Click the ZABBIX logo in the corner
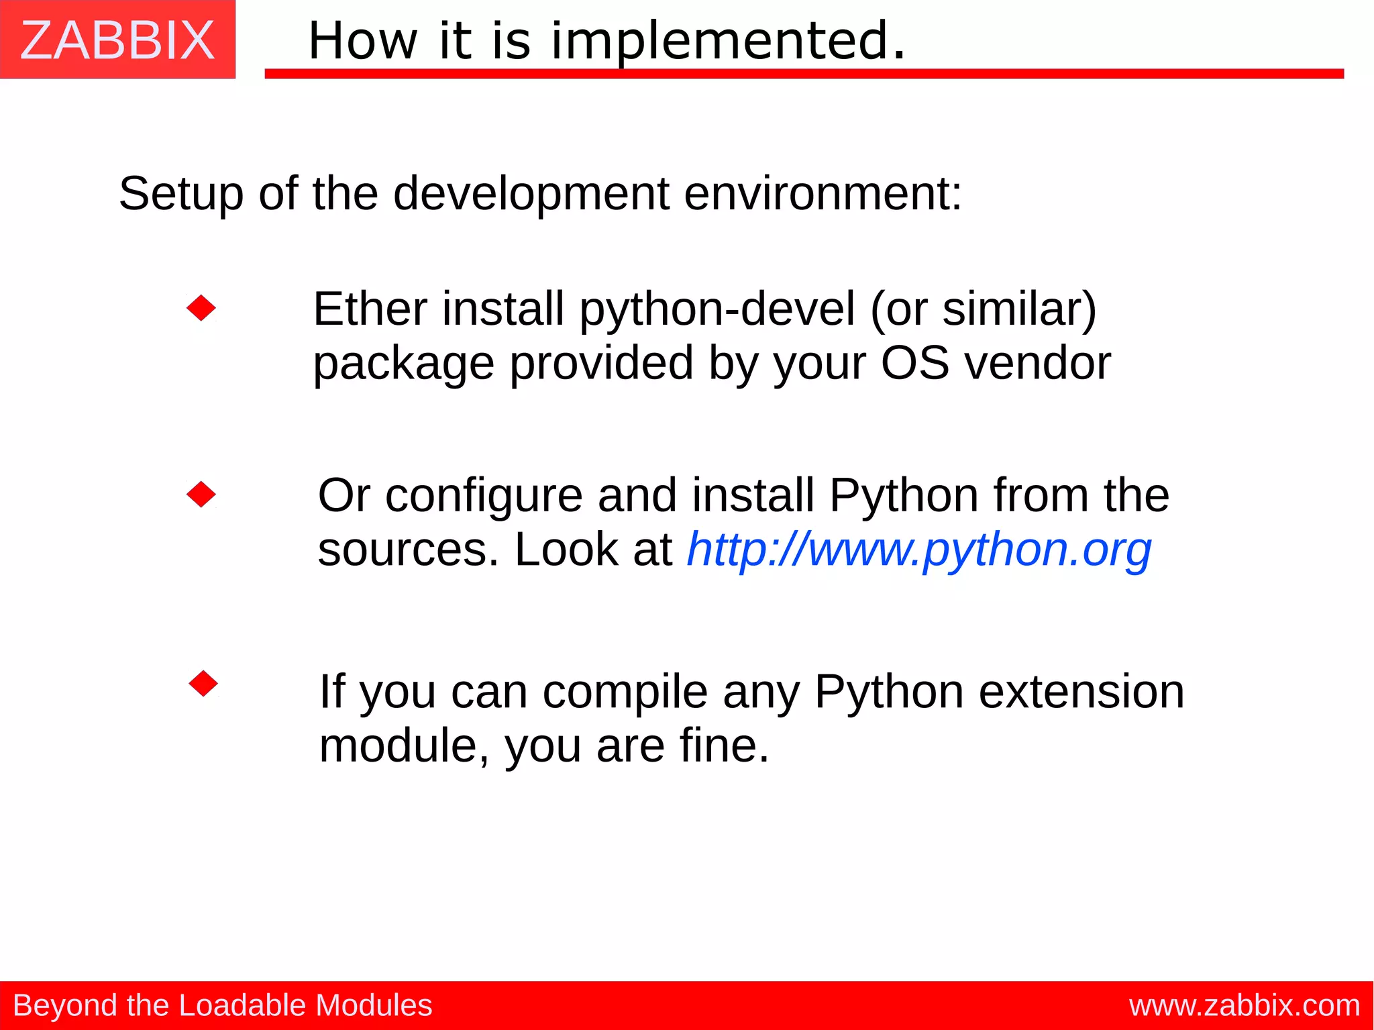click(x=117, y=40)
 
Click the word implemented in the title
click(x=728, y=40)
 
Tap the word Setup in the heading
click(x=180, y=194)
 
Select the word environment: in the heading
click(x=823, y=194)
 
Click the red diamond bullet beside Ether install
click(x=201, y=308)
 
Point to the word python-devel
click(x=717, y=309)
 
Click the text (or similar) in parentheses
click(x=983, y=309)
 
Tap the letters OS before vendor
click(x=914, y=363)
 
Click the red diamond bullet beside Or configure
click(x=201, y=495)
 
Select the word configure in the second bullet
click(x=484, y=496)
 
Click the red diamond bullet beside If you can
click(x=203, y=684)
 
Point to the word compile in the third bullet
click(x=625, y=692)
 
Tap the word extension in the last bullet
click(x=1081, y=692)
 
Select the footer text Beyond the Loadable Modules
click(x=222, y=1005)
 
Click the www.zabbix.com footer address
click(x=1245, y=1005)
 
